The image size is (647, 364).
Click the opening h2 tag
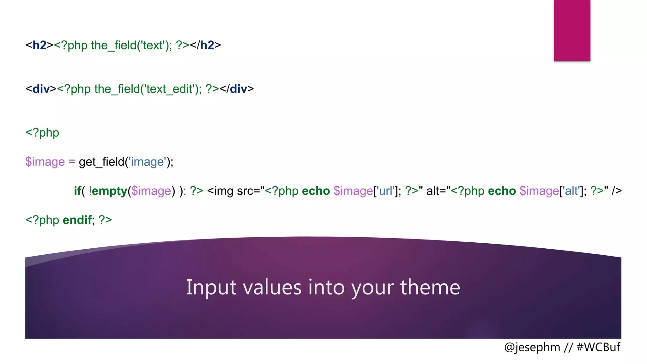point(39,45)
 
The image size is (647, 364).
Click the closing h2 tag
point(205,45)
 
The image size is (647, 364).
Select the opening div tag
point(41,89)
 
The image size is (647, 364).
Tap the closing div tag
point(237,89)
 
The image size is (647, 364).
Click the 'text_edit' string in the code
point(170,89)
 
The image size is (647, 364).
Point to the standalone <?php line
point(42,133)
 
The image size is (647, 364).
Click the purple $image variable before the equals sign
point(45,162)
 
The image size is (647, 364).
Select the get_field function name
point(101,162)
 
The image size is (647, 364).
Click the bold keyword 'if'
point(77,191)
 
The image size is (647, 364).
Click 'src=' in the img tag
point(248,191)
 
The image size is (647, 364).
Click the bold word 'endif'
point(77,220)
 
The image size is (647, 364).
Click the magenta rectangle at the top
point(572,30)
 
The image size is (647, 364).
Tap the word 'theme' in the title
point(430,287)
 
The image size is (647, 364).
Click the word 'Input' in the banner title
point(211,287)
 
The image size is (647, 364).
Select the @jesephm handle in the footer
point(532,347)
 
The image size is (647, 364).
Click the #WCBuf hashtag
point(598,347)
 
